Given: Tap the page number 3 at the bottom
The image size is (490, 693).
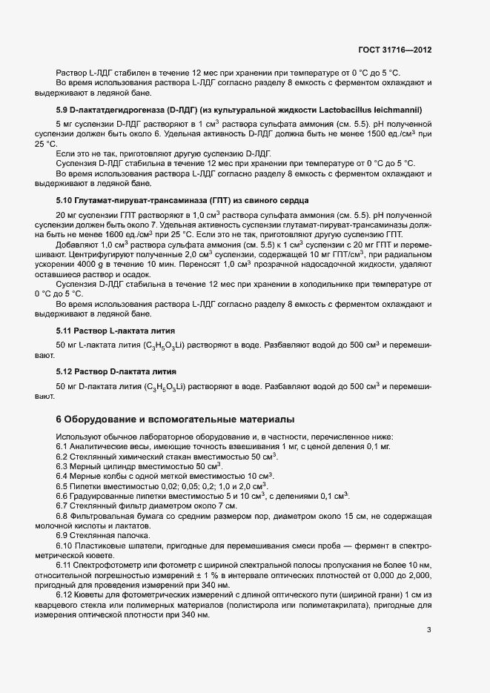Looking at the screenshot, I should click(x=428, y=631).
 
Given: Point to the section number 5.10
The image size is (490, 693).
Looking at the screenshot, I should click(x=65, y=201).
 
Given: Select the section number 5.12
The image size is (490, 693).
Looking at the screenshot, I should click(x=65, y=370).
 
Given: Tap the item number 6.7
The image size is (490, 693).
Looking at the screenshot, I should click(x=63, y=505).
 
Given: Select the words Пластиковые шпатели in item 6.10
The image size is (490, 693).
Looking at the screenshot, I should click(x=119, y=545).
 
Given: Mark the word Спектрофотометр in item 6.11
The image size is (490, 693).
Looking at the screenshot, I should click(x=113, y=565).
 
